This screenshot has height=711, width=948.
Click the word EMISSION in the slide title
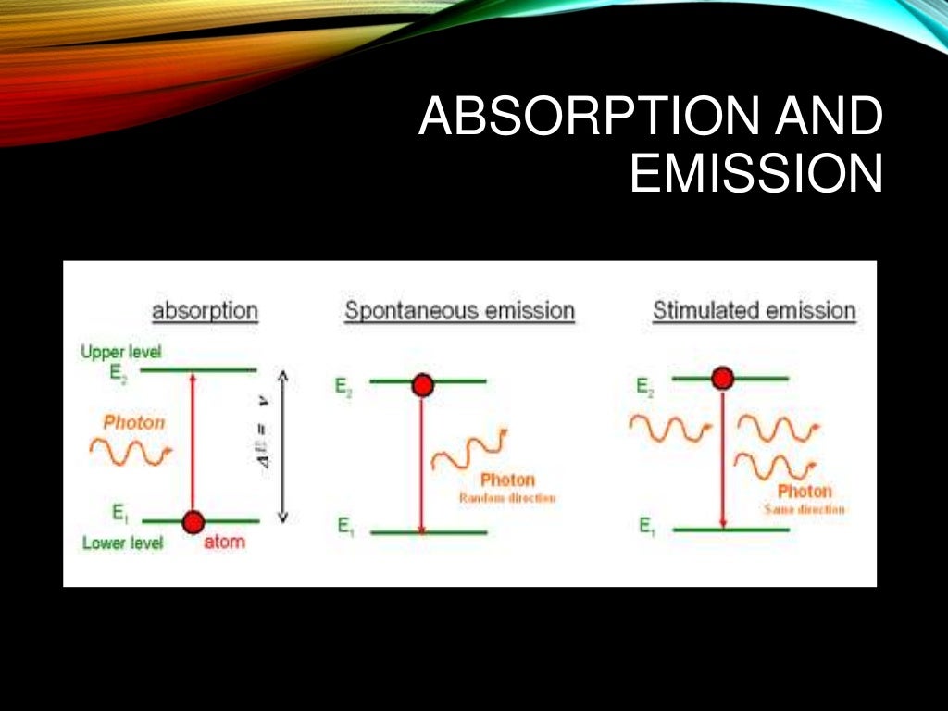[755, 175]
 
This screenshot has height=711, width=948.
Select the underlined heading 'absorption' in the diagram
[205, 311]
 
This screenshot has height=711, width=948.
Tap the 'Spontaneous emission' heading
[459, 311]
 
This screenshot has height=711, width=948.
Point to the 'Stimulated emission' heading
[754, 311]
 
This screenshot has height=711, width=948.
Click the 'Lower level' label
[122, 543]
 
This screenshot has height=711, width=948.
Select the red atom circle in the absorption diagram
[193, 522]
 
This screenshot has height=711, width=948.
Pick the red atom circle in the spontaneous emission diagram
[423, 384]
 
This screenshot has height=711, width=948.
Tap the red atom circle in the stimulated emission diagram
[722, 378]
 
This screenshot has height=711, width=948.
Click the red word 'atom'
[224, 542]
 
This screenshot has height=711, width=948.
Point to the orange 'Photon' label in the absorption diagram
[134, 422]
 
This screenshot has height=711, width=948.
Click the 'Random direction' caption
[507, 498]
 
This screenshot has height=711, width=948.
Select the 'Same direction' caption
[804, 510]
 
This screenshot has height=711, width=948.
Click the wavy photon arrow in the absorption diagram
[131, 452]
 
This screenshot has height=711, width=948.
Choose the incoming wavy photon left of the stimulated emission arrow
[670, 429]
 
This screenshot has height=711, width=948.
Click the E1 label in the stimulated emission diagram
[647, 526]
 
